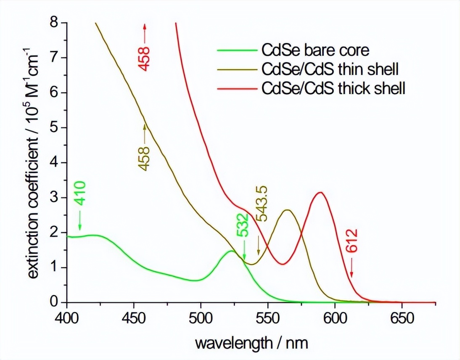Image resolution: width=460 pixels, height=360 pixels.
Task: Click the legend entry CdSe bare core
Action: tap(315, 50)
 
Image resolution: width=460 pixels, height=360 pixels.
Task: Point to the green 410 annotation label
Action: tap(79, 193)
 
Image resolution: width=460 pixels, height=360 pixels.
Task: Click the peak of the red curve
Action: tap(321, 193)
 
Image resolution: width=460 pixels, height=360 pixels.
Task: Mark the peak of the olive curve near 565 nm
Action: tap(288, 210)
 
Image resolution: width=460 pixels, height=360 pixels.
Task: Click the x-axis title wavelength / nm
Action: tap(251, 343)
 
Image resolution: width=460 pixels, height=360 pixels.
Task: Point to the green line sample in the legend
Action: tap(237, 50)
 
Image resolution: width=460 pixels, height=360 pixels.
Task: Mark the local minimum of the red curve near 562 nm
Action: tap(283, 264)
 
